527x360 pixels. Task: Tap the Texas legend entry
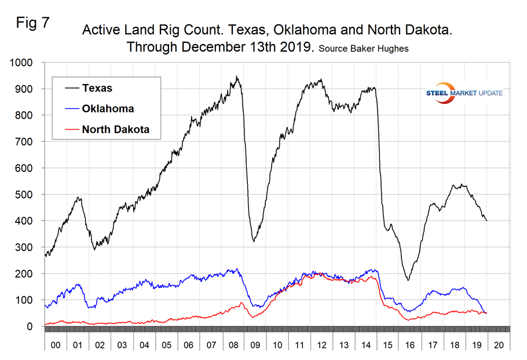[x=97, y=88]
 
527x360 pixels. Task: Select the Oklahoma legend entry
[x=108, y=109]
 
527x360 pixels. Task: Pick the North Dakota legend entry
[x=115, y=130]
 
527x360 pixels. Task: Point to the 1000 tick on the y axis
[x=24, y=63]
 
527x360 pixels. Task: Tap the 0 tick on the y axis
[x=34, y=326]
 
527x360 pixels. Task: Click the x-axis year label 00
[x=55, y=344]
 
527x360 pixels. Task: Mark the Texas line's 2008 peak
[x=236, y=76]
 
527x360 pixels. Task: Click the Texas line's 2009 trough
[x=254, y=241]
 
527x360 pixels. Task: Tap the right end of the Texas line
[x=486, y=221]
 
